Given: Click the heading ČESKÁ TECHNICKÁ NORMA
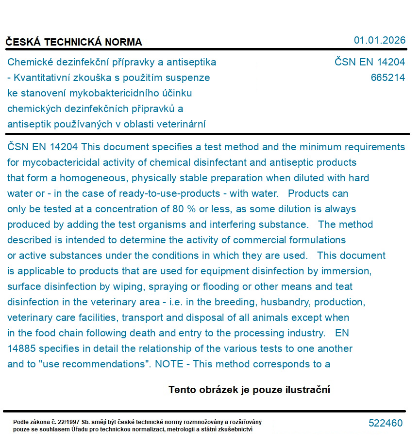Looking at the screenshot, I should click(x=74, y=42).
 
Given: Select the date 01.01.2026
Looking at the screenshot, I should click(x=379, y=40).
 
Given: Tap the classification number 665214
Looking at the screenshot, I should click(x=387, y=78).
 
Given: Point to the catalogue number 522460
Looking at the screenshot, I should click(x=386, y=423).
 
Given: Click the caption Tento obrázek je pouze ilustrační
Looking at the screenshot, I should click(x=249, y=390).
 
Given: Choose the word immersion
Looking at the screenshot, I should click(x=349, y=271).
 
